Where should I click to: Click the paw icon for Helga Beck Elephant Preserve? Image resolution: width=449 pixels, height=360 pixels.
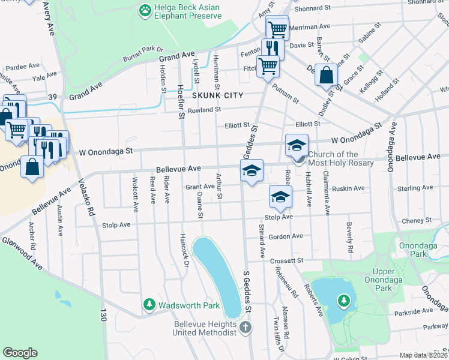(x=145, y=10)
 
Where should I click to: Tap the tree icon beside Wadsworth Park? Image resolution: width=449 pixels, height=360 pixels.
(x=149, y=305)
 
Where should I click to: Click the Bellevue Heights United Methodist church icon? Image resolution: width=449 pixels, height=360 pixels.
(x=244, y=328)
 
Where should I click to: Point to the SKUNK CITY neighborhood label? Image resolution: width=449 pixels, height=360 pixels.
(x=217, y=95)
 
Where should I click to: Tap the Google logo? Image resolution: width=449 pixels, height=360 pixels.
(x=20, y=352)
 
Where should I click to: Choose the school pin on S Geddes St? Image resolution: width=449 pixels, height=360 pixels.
(x=252, y=170)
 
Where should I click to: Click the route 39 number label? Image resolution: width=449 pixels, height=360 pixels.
(x=52, y=97)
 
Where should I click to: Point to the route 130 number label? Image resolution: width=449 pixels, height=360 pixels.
(x=103, y=313)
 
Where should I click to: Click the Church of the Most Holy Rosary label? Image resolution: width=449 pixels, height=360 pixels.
(x=340, y=158)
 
